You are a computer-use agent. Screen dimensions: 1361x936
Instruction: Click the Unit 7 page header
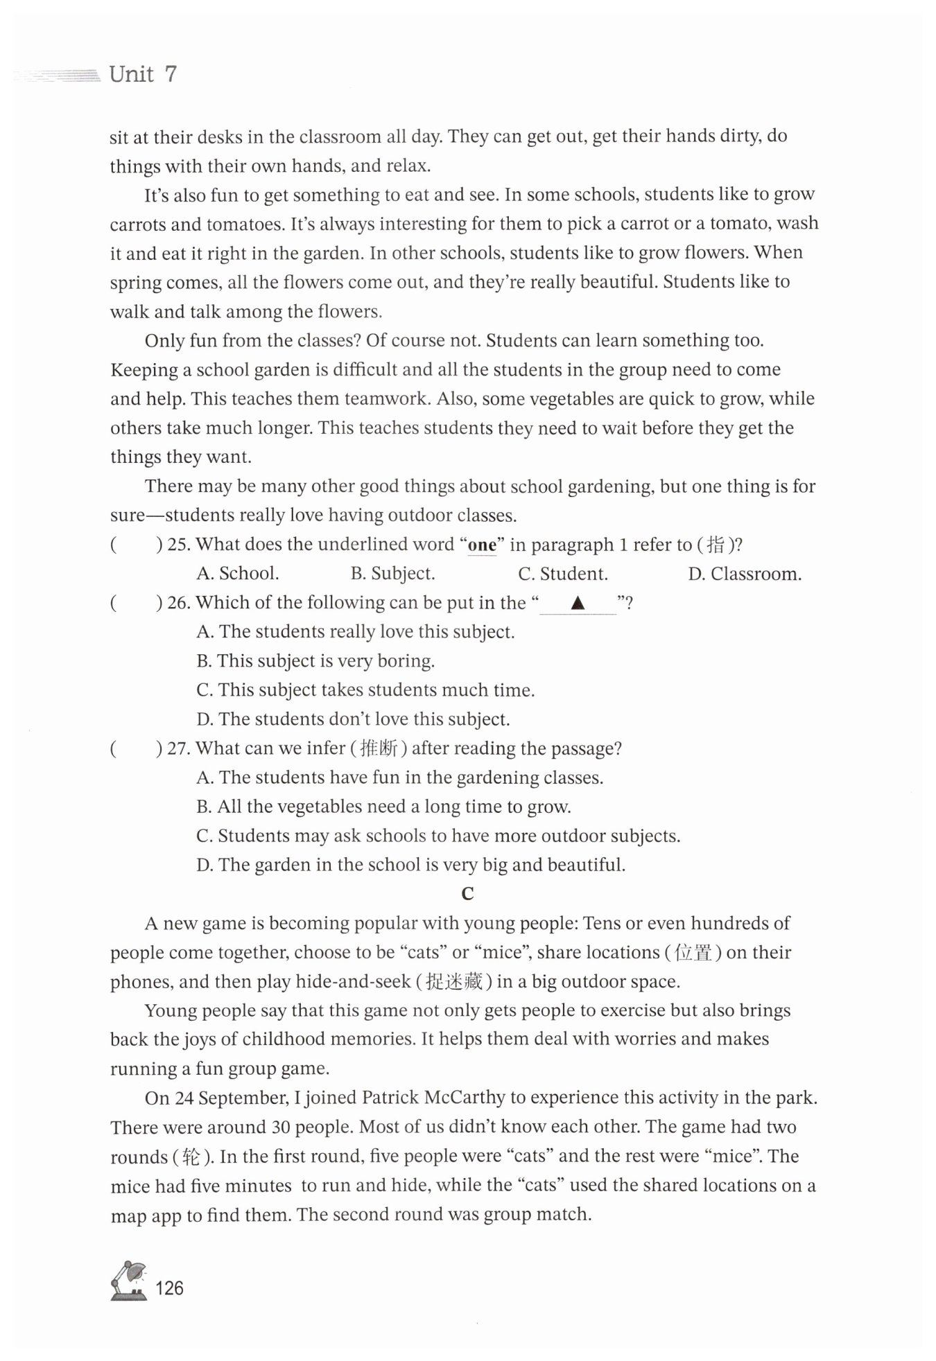[x=143, y=74]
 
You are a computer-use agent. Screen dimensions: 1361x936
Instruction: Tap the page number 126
[x=170, y=1288]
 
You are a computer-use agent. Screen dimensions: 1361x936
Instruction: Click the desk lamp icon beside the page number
[x=129, y=1281]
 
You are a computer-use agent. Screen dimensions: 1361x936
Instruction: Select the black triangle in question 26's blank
[x=578, y=604]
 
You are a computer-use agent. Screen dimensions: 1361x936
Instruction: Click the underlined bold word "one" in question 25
[x=482, y=545]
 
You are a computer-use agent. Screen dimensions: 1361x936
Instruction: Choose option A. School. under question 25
[x=238, y=574]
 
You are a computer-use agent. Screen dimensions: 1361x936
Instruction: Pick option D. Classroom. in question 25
[x=744, y=574]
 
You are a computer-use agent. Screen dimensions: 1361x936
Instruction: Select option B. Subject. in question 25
[x=392, y=574]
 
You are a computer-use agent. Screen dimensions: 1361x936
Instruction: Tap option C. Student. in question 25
[x=562, y=574]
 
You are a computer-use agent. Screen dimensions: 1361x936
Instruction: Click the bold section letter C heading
[x=467, y=894]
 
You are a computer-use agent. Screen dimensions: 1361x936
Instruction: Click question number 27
[x=179, y=749]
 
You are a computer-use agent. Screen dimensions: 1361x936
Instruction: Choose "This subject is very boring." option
[x=315, y=661]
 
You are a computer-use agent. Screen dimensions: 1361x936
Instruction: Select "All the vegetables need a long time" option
[x=383, y=807]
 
